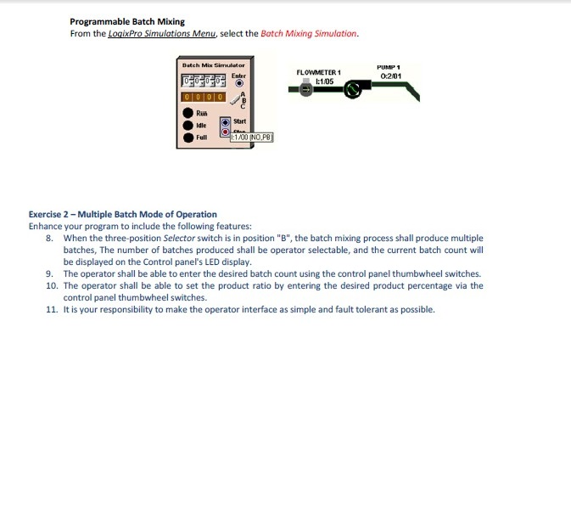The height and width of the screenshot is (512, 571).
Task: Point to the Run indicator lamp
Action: tap(187, 113)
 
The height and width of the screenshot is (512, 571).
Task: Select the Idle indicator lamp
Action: tap(187, 125)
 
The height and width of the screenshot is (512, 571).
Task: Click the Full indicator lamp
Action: tap(187, 137)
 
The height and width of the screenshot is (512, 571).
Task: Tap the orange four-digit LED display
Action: tap(203, 98)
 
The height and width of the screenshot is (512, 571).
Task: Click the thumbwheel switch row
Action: tap(203, 82)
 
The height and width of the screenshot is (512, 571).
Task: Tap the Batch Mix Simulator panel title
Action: tap(213, 65)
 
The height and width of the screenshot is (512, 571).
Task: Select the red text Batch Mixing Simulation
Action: tap(309, 33)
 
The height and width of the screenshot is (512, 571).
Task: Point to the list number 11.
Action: tap(51, 309)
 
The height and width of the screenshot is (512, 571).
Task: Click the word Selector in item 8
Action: tap(179, 238)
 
